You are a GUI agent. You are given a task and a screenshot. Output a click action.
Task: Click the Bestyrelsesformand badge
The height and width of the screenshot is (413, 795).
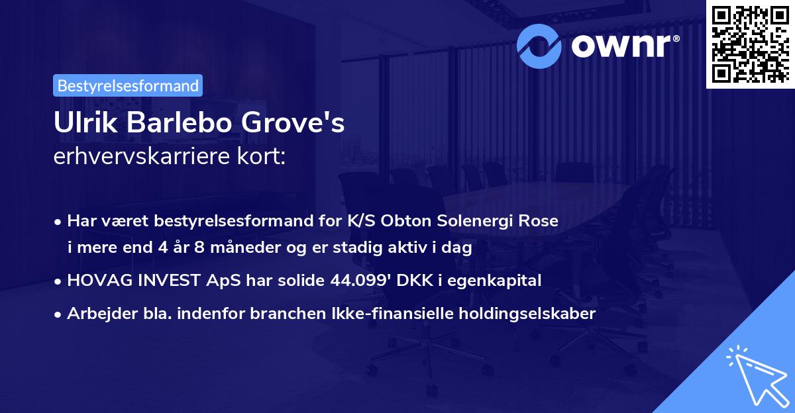click(128, 85)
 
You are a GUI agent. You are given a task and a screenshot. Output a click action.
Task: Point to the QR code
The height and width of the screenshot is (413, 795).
click(750, 44)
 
